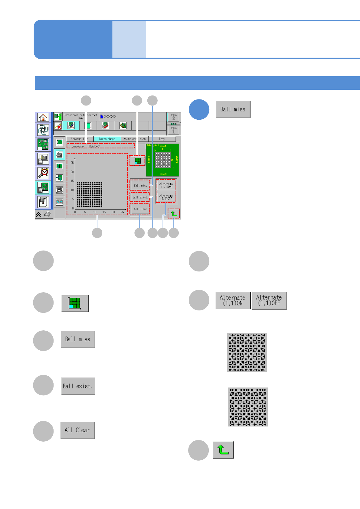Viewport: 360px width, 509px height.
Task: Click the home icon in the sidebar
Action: (43, 117)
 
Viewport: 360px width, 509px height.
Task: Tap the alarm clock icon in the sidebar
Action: (44, 173)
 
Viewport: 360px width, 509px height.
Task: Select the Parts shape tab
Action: (107, 139)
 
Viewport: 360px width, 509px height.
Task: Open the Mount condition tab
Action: (135, 139)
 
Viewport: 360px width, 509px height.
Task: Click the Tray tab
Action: (162, 139)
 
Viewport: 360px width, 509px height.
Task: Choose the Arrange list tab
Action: (80, 139)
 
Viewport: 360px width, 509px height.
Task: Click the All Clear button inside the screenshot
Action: (140, 209)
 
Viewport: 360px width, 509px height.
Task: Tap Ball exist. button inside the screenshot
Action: (140, 197)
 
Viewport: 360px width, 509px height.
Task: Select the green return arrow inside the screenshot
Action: (174, 214)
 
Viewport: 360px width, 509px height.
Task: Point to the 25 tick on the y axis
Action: (72, 163)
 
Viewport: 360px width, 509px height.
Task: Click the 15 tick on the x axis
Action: (104, 212)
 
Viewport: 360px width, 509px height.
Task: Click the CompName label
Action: (78, 146)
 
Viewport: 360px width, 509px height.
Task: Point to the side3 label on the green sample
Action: (163, 174)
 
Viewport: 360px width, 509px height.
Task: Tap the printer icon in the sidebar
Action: (48, 215)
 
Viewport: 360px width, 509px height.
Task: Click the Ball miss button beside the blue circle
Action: (233, 109)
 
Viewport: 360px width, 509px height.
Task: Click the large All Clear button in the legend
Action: (77, 430)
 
